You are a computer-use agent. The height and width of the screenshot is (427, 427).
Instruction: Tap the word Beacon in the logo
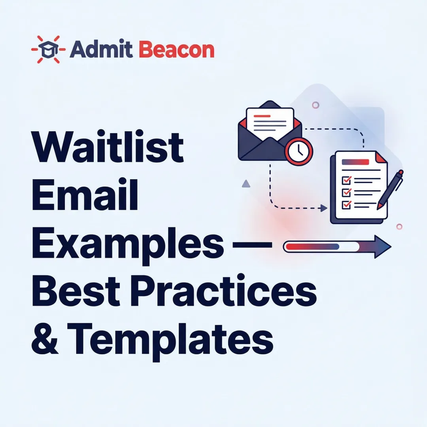click(x=177, y=50)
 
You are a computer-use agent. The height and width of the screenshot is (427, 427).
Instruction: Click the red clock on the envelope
click(x=299, y=150)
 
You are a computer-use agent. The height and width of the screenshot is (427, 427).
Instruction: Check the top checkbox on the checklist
click(x=346, y=180)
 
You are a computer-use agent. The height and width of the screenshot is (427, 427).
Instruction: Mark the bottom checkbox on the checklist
click(x=346, y=204)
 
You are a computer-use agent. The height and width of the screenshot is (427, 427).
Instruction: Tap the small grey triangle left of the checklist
click(x=246, y=183)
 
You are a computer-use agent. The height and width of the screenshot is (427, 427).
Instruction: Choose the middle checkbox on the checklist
click(x=346, y=192)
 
